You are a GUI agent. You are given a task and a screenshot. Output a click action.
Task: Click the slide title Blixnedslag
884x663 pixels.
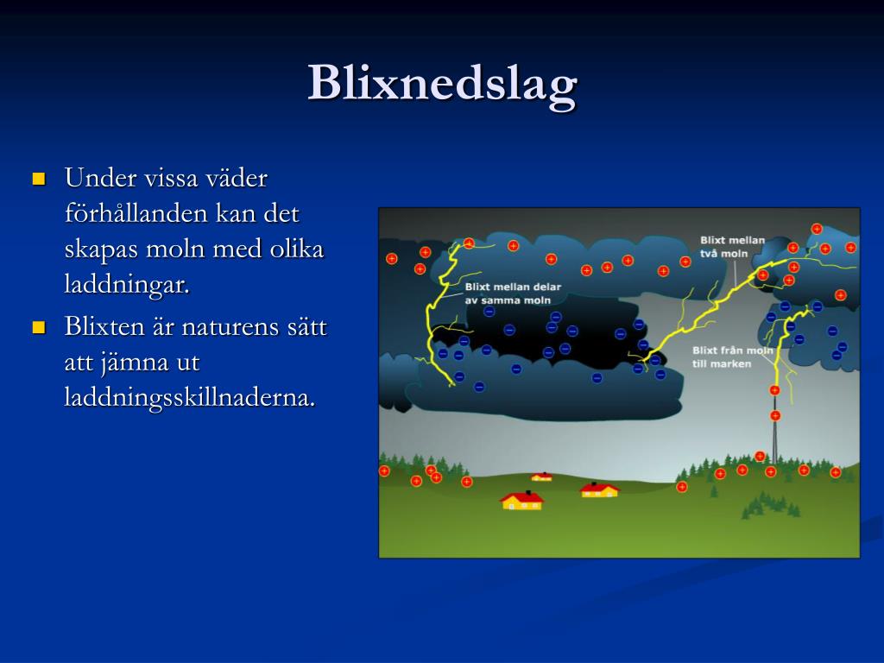coord(443,85)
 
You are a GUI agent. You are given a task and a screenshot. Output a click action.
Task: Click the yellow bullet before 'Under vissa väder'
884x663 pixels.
coord(39,180)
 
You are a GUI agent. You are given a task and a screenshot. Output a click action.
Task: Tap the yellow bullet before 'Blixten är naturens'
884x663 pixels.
coord(39,327)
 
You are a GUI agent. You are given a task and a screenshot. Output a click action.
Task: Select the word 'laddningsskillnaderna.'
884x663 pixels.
coord(189,398)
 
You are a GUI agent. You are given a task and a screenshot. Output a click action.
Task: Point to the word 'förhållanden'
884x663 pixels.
coord(132,214)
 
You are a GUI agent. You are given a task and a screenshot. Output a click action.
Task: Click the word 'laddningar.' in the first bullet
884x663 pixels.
coord(127,285)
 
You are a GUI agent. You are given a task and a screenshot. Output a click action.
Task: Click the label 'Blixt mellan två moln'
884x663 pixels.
coord(732,247)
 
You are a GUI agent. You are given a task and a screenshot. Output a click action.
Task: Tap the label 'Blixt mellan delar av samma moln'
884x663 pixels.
coord(513,294)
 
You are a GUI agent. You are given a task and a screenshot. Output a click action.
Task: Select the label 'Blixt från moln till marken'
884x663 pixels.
coord(732,357)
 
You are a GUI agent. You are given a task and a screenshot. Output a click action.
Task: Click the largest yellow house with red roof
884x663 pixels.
coord(522,500)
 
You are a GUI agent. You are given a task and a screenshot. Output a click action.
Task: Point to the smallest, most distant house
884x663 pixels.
coord(542,477)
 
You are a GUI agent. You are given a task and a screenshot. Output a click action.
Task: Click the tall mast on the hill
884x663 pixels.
coord(774,427)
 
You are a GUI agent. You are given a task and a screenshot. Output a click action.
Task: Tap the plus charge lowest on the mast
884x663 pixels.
coord(775,416)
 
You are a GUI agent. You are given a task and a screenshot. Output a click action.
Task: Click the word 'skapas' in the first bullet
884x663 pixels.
coord(101,249)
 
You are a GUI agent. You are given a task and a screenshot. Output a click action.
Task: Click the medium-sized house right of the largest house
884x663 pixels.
coord(599,489)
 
